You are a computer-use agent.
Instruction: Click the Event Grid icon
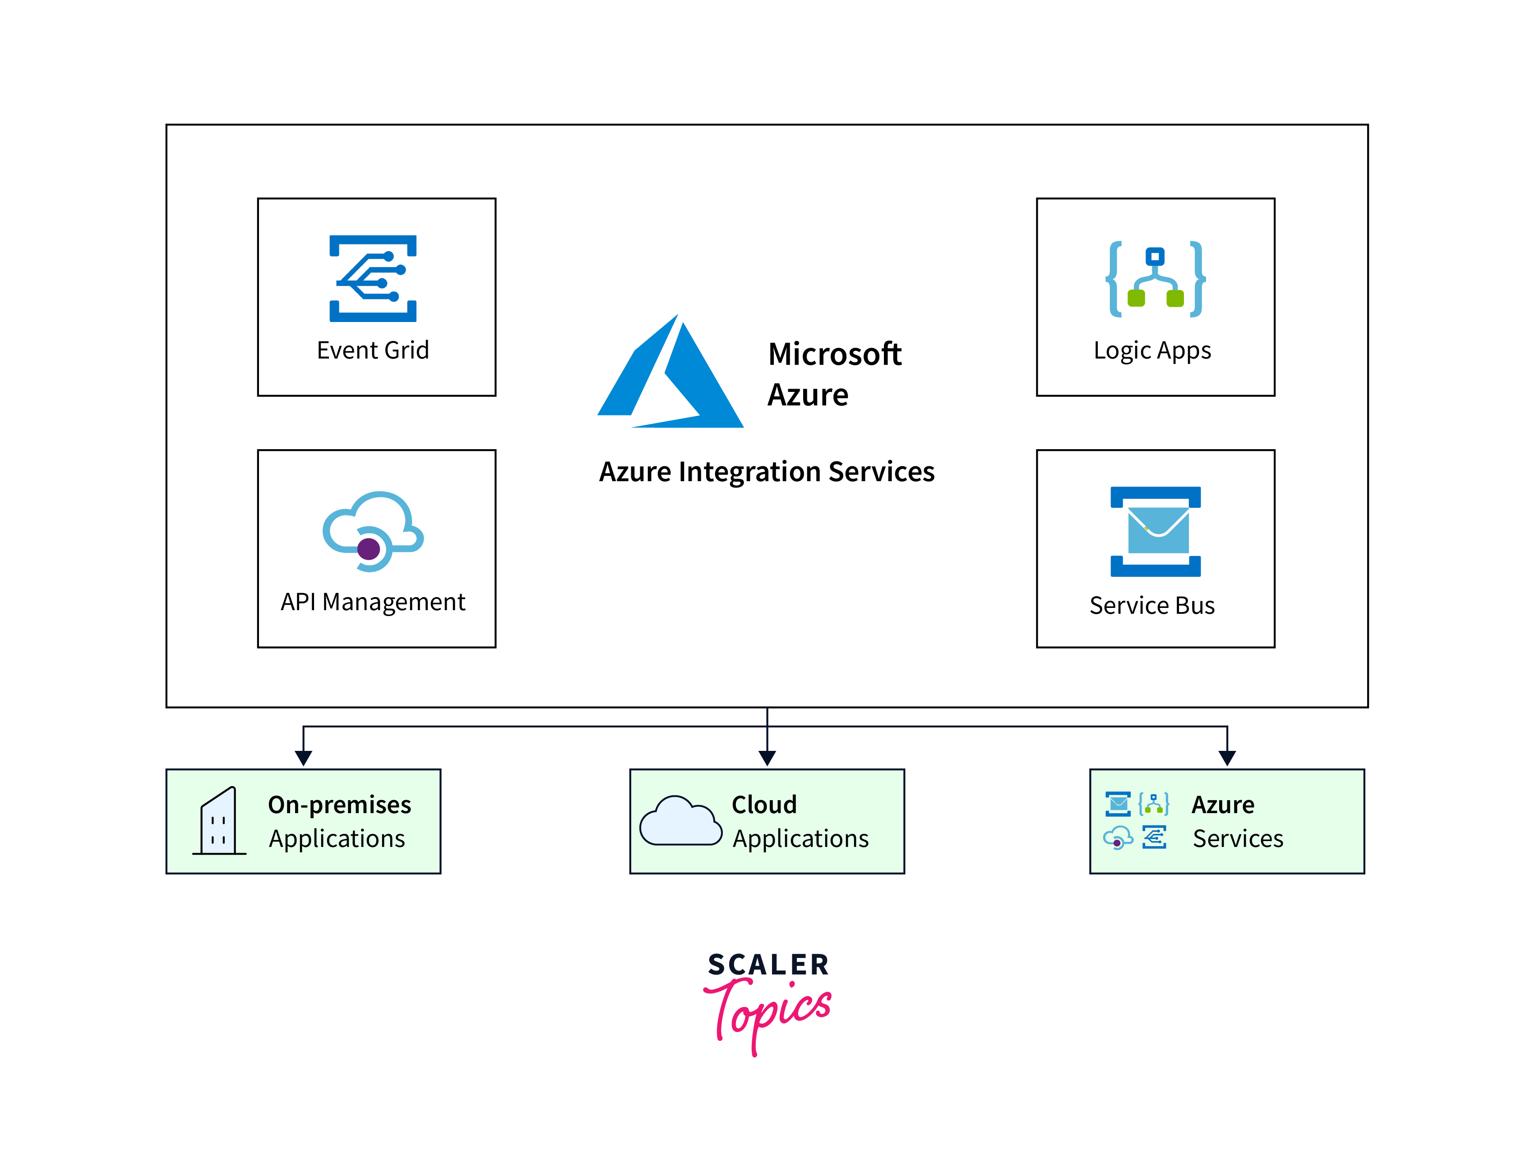tap(373, 278)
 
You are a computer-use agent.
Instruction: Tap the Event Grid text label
tap(373, 350)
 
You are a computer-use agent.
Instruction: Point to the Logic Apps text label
tap(1152, 351)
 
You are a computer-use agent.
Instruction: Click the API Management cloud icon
tap(373, 531)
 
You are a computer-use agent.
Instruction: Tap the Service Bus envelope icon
tap(1156, 531)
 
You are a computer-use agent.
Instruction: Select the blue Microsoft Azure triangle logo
tap(670, 375)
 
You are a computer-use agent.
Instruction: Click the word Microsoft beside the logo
tap(835, 354)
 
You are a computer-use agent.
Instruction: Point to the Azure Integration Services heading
tap(767, 472)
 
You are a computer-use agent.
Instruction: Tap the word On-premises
tap(339, 805)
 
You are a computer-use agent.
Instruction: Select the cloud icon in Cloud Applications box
tap(680, 822)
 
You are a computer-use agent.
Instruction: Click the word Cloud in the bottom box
tap(764, 805)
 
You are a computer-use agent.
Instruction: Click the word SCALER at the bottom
tap(768, 965)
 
